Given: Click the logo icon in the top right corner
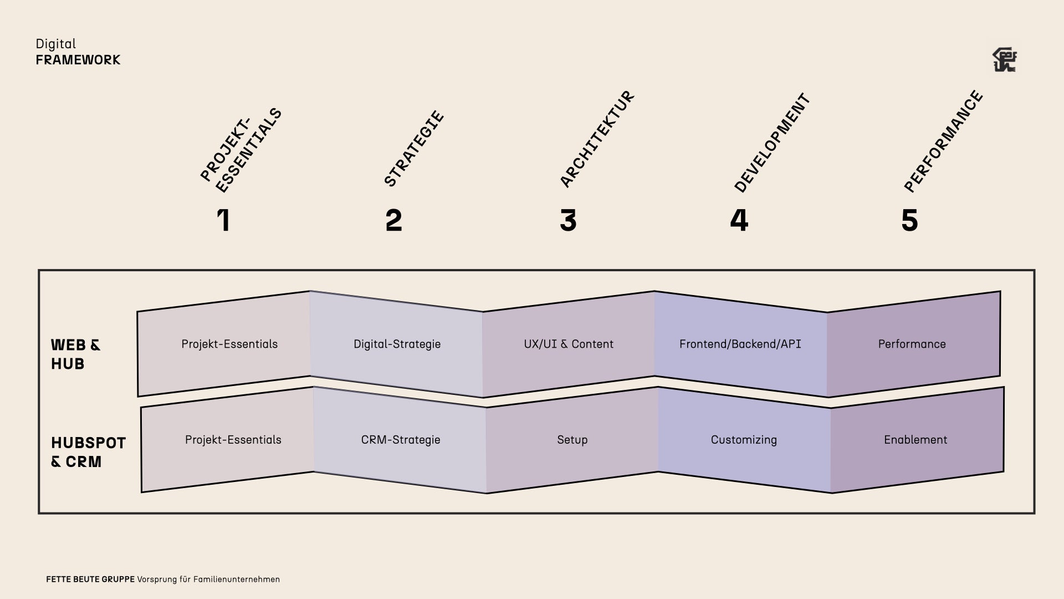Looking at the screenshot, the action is [x=1004, y=60].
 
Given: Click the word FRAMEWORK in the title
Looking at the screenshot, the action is [x=78, y=60].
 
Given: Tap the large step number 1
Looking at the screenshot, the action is [x=223, y=220].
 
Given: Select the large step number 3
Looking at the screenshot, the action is [x=568, y=220].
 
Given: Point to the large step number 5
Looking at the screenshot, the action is [x=909, y=220].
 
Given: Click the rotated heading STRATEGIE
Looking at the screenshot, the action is [x=414, y=149].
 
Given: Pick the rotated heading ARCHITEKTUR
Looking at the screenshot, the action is [x=597, y=139].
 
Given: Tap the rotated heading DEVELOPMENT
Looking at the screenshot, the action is [x=772, y=143].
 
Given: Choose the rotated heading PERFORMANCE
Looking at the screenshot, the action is [x=943, y=141].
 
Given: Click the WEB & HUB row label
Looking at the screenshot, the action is [x=76, y=354].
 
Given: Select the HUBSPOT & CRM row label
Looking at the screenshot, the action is [x=88, y=452].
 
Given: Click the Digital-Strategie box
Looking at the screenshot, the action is [x=397, y=344].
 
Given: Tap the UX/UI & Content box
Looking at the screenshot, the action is [x=569, y=344].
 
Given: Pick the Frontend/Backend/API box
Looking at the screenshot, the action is [x=740, y=344].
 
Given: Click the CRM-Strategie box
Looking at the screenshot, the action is [x=401, y=440].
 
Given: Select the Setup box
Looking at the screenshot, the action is [x=572, y=440].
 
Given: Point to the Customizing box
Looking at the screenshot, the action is [x=744, y=440].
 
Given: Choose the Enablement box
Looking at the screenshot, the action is [x=916, y=440].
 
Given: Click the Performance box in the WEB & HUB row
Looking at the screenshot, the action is [x=912, y=344].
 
